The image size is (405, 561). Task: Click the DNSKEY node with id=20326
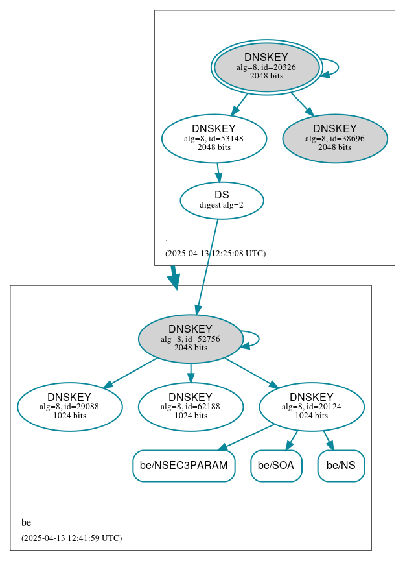pos(266,67)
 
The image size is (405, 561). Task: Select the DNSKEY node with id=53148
pos(214,138)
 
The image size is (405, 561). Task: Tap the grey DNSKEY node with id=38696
pos(335,138)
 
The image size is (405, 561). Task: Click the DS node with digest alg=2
pos(222,200)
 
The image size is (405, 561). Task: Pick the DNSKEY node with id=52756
pos(191,339)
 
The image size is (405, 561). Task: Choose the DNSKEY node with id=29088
pos(70,407)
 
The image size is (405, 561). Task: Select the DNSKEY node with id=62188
pos(191,407)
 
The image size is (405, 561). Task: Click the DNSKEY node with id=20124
pos(312,407)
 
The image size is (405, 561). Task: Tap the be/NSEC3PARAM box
pos(184,466)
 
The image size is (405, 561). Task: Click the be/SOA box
pos(276,466)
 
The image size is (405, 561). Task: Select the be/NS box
pos(341,466)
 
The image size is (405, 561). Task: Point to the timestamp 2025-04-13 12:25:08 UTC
pos(215,253)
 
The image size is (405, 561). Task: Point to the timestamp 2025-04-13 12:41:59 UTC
pos(71,538)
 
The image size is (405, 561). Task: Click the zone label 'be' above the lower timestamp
pos(26,523)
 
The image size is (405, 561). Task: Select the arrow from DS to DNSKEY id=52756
pos(207,266)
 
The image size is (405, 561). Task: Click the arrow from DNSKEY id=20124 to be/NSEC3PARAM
pos(246,436)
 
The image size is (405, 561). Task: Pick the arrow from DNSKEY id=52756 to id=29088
pos(130,373)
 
